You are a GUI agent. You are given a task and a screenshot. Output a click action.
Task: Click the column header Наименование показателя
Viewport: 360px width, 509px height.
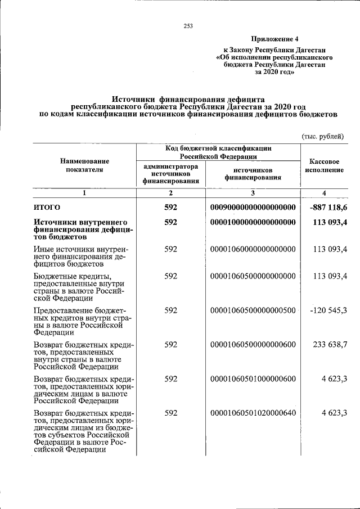click(84, 165)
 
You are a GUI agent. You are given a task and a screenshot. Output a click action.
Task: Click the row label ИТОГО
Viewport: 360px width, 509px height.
click(47, 208)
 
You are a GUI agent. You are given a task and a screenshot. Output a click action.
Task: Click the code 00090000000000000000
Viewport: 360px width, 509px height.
click(253, 208)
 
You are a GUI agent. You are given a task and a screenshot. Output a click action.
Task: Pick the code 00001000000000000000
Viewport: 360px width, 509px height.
click(253, 223)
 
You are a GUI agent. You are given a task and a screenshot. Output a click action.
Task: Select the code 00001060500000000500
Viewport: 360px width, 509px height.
click(253, 310)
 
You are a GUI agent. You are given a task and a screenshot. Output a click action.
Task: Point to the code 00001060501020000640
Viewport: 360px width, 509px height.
click(253, 413)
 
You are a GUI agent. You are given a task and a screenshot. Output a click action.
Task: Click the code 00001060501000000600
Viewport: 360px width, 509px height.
click(253, 379)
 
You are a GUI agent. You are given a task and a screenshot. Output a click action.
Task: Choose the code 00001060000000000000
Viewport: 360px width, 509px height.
click(253, 249)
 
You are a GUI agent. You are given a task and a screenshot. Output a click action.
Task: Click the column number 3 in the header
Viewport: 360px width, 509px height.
click(253, 193)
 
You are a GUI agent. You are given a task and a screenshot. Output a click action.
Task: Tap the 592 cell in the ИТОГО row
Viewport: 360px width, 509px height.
click(171, 208)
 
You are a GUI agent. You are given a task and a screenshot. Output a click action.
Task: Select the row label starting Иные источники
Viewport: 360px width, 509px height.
click(82, 256)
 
